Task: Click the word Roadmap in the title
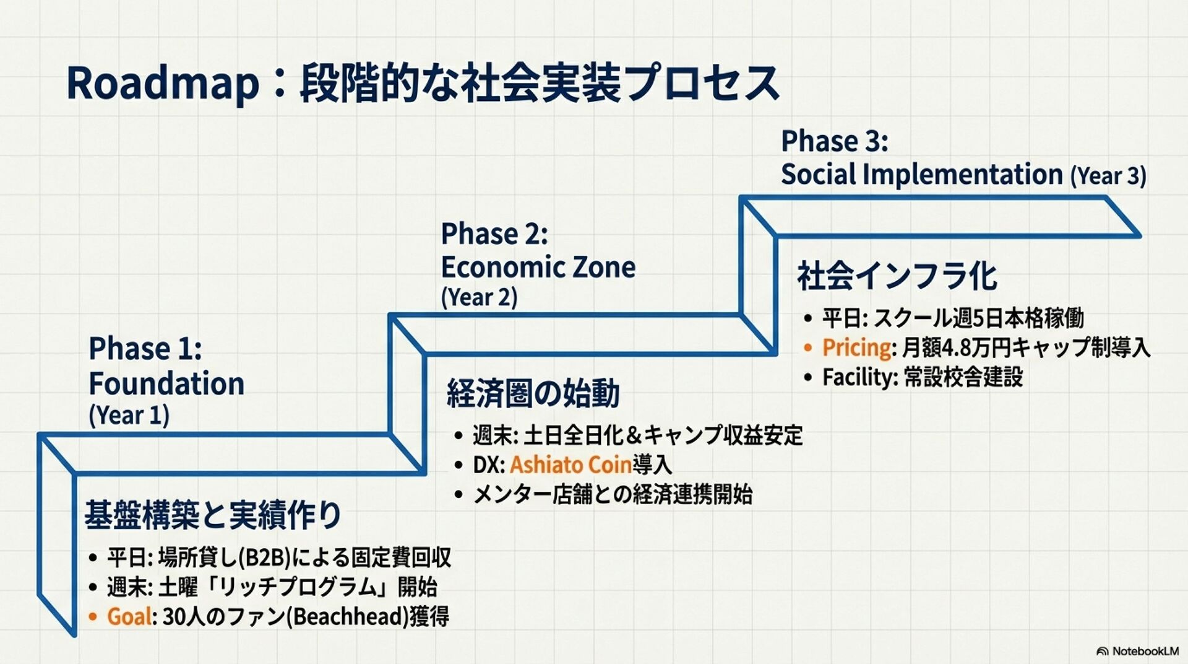[163, 84]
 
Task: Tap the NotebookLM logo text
[1145, 651]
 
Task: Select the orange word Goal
[129, 616]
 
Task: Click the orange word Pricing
[856, 347]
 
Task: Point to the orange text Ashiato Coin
[570, 465]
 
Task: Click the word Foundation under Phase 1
[166, 383]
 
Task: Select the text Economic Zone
[538, 268]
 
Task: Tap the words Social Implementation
[921, 174]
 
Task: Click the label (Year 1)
[129, 415]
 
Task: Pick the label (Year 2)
[479, 297]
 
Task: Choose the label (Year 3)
[1108, 176]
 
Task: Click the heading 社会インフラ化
[897, 276]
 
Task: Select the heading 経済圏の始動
[533, 393]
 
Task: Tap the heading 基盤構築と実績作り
[213, 515]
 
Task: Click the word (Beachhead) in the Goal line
[348, 616]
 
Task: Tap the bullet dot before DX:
[458, 465]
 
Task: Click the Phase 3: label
[834, 141]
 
